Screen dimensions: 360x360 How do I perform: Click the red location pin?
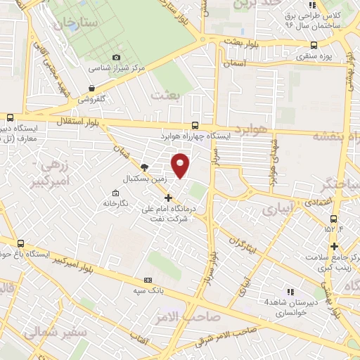coord(181,165)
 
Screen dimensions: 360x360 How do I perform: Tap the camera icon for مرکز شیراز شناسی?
coord(117,58)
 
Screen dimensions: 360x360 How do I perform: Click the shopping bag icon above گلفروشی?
coord(91,88)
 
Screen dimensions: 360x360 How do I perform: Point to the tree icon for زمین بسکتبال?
coord(144,167)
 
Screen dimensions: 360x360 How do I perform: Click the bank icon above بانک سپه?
coord(147,278)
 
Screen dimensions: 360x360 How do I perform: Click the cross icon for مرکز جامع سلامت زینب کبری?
coord(335,246)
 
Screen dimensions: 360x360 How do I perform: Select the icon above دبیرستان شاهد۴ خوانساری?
coord(289,291)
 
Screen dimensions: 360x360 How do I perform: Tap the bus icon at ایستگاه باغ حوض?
coord(21,242)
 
